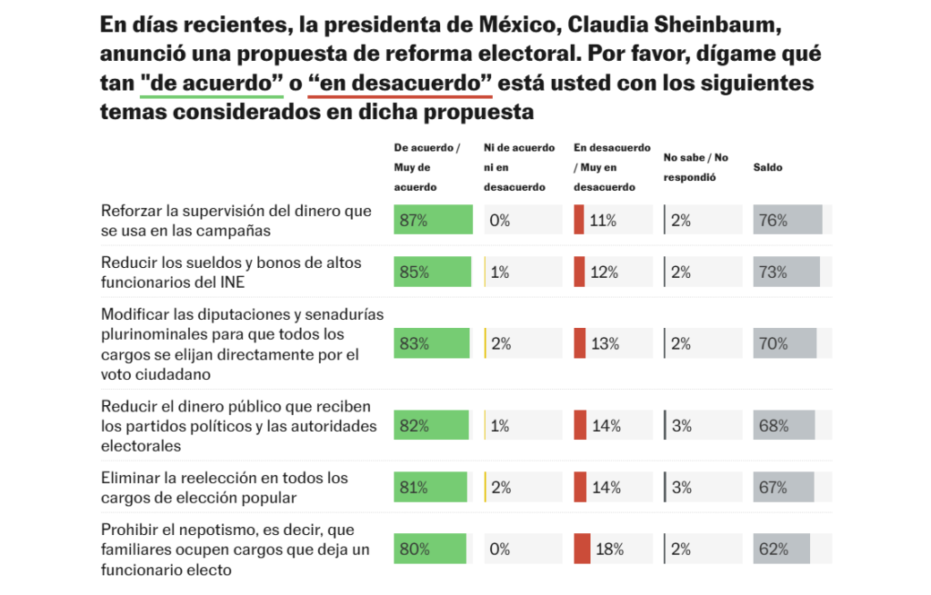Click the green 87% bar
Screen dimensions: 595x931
(x=433, y=220)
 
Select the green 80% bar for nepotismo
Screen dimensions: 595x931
(x=429, y=549)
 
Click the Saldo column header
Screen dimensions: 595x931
(x=767, y=167)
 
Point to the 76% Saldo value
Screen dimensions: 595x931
(x=773, y=220)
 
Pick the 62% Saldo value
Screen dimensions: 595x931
(x=773, y=549)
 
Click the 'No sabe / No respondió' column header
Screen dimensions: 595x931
(x=696, y=167)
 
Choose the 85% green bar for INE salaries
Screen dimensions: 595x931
(x=432, y=272)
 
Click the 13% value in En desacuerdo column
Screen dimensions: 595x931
(x=605, y=343)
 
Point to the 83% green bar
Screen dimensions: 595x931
(x=431, y=343)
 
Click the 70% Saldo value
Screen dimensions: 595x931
(x=773, y=343)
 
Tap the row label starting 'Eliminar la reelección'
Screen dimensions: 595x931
(x=224, y=488)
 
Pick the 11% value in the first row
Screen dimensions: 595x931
(x=604, y=220)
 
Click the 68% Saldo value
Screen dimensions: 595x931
(x=773, y=425)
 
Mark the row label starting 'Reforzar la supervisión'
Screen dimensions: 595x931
(x=236, y=221)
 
